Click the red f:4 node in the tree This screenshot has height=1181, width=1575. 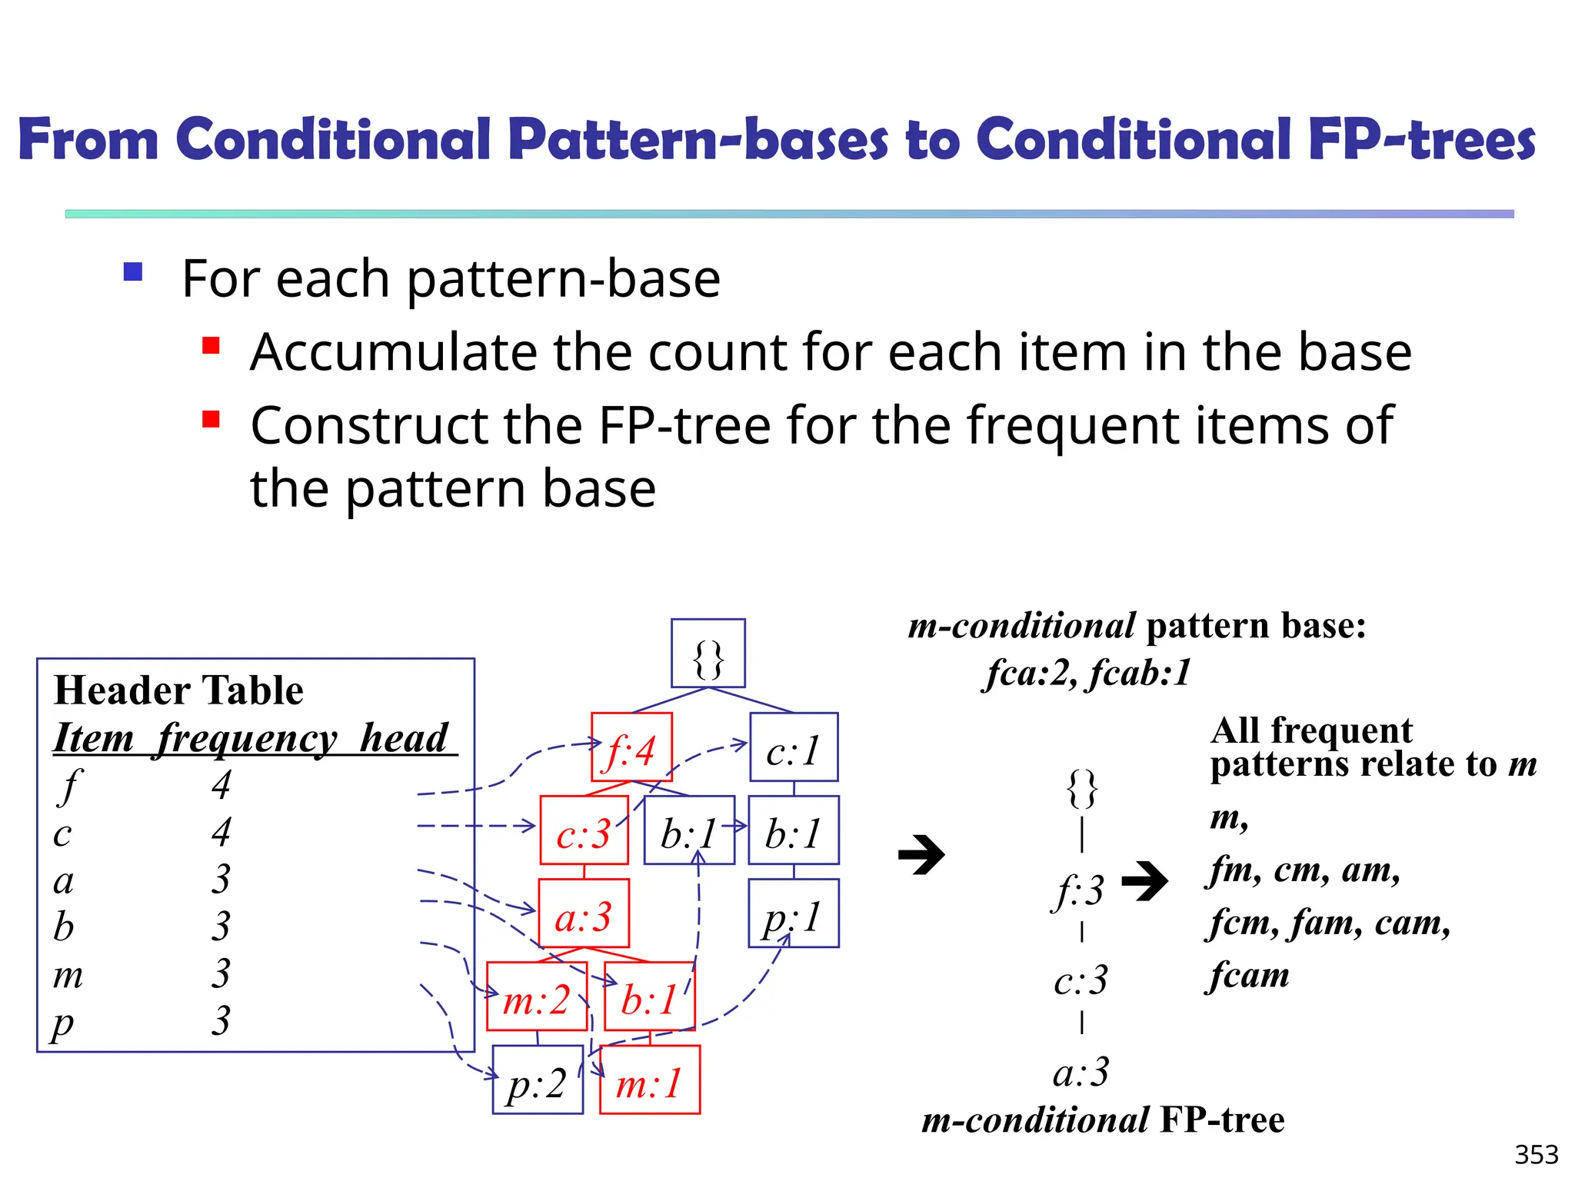pyautogui.click(x=631, y=747)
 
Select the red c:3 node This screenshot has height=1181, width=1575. pyautogui.click(x=584, y=830)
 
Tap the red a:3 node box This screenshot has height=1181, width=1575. pyautogui.click(x=584, y=913)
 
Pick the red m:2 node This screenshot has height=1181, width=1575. pyautogui.click(x=536, y=996)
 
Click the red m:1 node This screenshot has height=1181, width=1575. pyautogui.click(x=650, y=1080)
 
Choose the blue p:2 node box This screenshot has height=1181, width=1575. pyautogui.click(x=537, y=1080)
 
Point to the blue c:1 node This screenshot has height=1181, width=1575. pyautogui.click(x=794, y=747)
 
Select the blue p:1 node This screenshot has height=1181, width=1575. pyautogui.click(x=794, y=913)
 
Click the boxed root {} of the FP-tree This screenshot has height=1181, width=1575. pyautogui.click(x=708, y=654)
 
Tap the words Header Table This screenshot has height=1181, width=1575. pyautogui.click(x=178, y=690)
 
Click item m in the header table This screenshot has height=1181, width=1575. pyautogui.click(x=68, y=974)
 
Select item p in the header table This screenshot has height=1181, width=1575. pyautogui.click(x=63, y=1023)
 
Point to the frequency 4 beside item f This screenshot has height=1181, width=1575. pyautogui.click(x=221, y=784)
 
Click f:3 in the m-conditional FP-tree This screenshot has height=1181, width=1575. pyautogui.click(x=1080, y=890)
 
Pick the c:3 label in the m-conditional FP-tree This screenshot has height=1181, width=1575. pyautogui.click(x=1081, y=980)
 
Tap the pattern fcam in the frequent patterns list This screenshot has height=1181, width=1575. pyautogui.click(x=1247, y=976)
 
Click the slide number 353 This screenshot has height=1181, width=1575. pyautogui.click(x=1536, y=1155)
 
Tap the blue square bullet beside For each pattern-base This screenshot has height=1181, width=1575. pyautogui.click(x=133, y=272)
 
